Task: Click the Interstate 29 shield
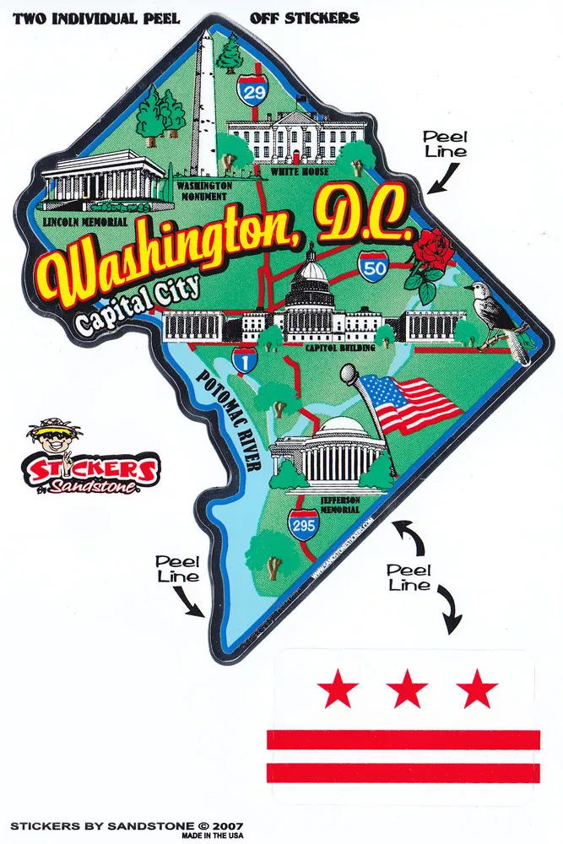coord(254,90)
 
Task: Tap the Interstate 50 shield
coord(371,266)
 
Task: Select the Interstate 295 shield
coord(304,525)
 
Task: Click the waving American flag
coord(416,404)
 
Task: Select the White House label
coord(300,171)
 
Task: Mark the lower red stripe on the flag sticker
coord(403,771)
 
